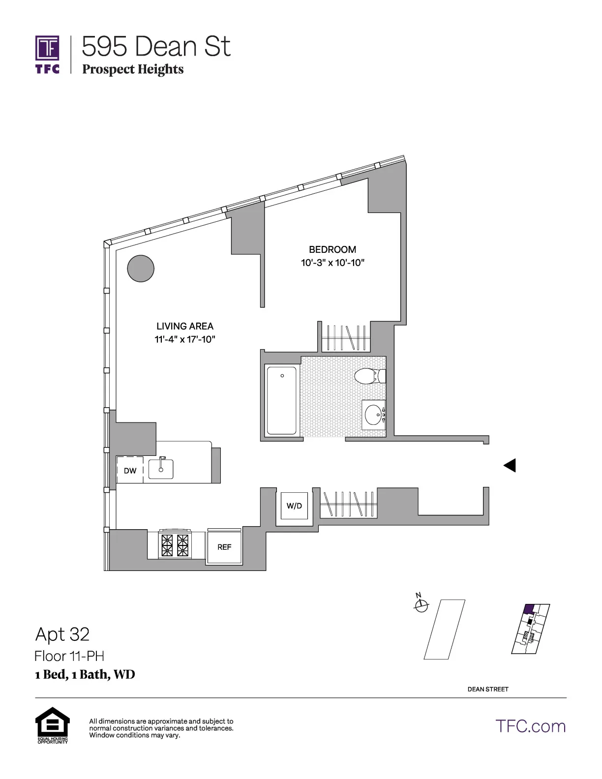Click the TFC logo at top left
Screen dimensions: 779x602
pos(47,54)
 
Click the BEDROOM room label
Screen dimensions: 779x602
pos(332,249)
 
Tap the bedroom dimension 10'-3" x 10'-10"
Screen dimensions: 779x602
pos(332,263)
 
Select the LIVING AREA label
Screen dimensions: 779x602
pos(185,326)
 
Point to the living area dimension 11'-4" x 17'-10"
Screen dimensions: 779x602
pos(185,339)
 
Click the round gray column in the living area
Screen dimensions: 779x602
pos(141,269)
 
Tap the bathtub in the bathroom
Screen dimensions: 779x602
pos(282,400)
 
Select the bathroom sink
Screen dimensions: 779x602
pos(374,415)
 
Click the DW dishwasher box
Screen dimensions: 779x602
pos(130,471)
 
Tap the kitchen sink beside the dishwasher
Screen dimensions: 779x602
pos(161,469)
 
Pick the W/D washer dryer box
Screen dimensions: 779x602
pos(294,506)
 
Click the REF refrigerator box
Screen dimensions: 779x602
pos(224,547)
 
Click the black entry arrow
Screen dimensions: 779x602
pos(510,465)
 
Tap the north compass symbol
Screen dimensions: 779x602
pos(421,605)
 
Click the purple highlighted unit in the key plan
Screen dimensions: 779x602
pos(529,609)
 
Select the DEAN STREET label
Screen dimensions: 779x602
pos(488,689)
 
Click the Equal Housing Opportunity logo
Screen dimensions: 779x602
pos(53,725)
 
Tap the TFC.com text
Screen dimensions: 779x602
pos(531,726)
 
